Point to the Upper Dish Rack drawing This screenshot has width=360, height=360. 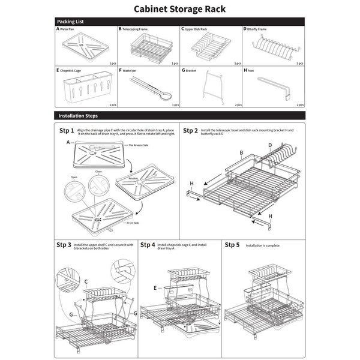tap(210, 46)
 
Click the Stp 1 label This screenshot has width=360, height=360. tap(66, 131)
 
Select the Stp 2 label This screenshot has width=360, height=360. tap(190, 131)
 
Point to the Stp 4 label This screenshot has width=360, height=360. tap(148, 245)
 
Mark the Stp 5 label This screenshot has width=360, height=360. tap(232, 245)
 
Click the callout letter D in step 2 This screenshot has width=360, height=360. tap(270, 145)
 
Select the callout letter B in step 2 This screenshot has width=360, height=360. tap(241, 154)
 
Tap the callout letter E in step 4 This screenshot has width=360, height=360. tap(154, 288)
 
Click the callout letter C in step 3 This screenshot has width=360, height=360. tap(86, 281)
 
